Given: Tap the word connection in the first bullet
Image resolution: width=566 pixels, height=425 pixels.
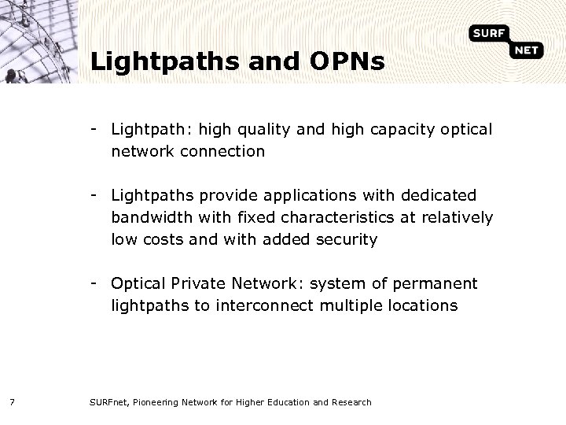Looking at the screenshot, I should click(226, 151).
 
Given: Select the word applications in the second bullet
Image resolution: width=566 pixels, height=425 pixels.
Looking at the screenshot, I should click(302, 195).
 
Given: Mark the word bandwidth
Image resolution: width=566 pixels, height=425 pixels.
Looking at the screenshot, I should click(145, 216).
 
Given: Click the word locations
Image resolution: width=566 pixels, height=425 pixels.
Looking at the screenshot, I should click(422, 305).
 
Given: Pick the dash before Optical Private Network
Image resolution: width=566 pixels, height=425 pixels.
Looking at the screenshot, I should click(94, 282).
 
